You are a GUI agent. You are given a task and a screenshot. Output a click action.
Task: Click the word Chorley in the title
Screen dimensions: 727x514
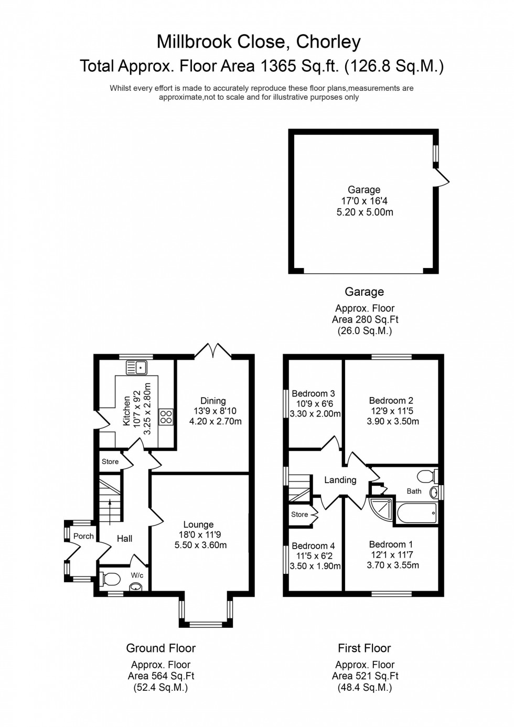pos(328,42)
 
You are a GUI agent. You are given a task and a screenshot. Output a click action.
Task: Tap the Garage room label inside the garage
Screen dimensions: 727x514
pos(363,190)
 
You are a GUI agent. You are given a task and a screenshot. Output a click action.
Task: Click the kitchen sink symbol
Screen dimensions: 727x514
pos(137,368)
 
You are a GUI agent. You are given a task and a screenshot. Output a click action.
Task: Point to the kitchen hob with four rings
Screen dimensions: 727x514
pos(166,417)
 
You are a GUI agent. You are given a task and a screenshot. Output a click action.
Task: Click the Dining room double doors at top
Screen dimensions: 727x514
pos(213,351)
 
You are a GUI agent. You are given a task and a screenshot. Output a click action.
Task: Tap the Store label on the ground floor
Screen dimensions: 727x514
pos(110,462)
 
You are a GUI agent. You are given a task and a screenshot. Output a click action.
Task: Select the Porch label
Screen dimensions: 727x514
pos(83,536)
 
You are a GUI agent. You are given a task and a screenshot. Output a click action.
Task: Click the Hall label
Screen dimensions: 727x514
pos(124,539)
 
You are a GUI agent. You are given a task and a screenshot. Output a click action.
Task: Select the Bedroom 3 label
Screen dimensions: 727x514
pos(313,393)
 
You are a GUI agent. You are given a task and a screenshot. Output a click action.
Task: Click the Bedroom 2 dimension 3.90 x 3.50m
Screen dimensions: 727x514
pos(393,421)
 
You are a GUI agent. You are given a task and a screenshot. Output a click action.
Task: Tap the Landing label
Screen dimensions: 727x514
pos(340,480)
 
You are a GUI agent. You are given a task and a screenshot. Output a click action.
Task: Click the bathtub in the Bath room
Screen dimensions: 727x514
pos(417,513)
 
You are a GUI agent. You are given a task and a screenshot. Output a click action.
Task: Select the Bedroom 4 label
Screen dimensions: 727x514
pos(315,546)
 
